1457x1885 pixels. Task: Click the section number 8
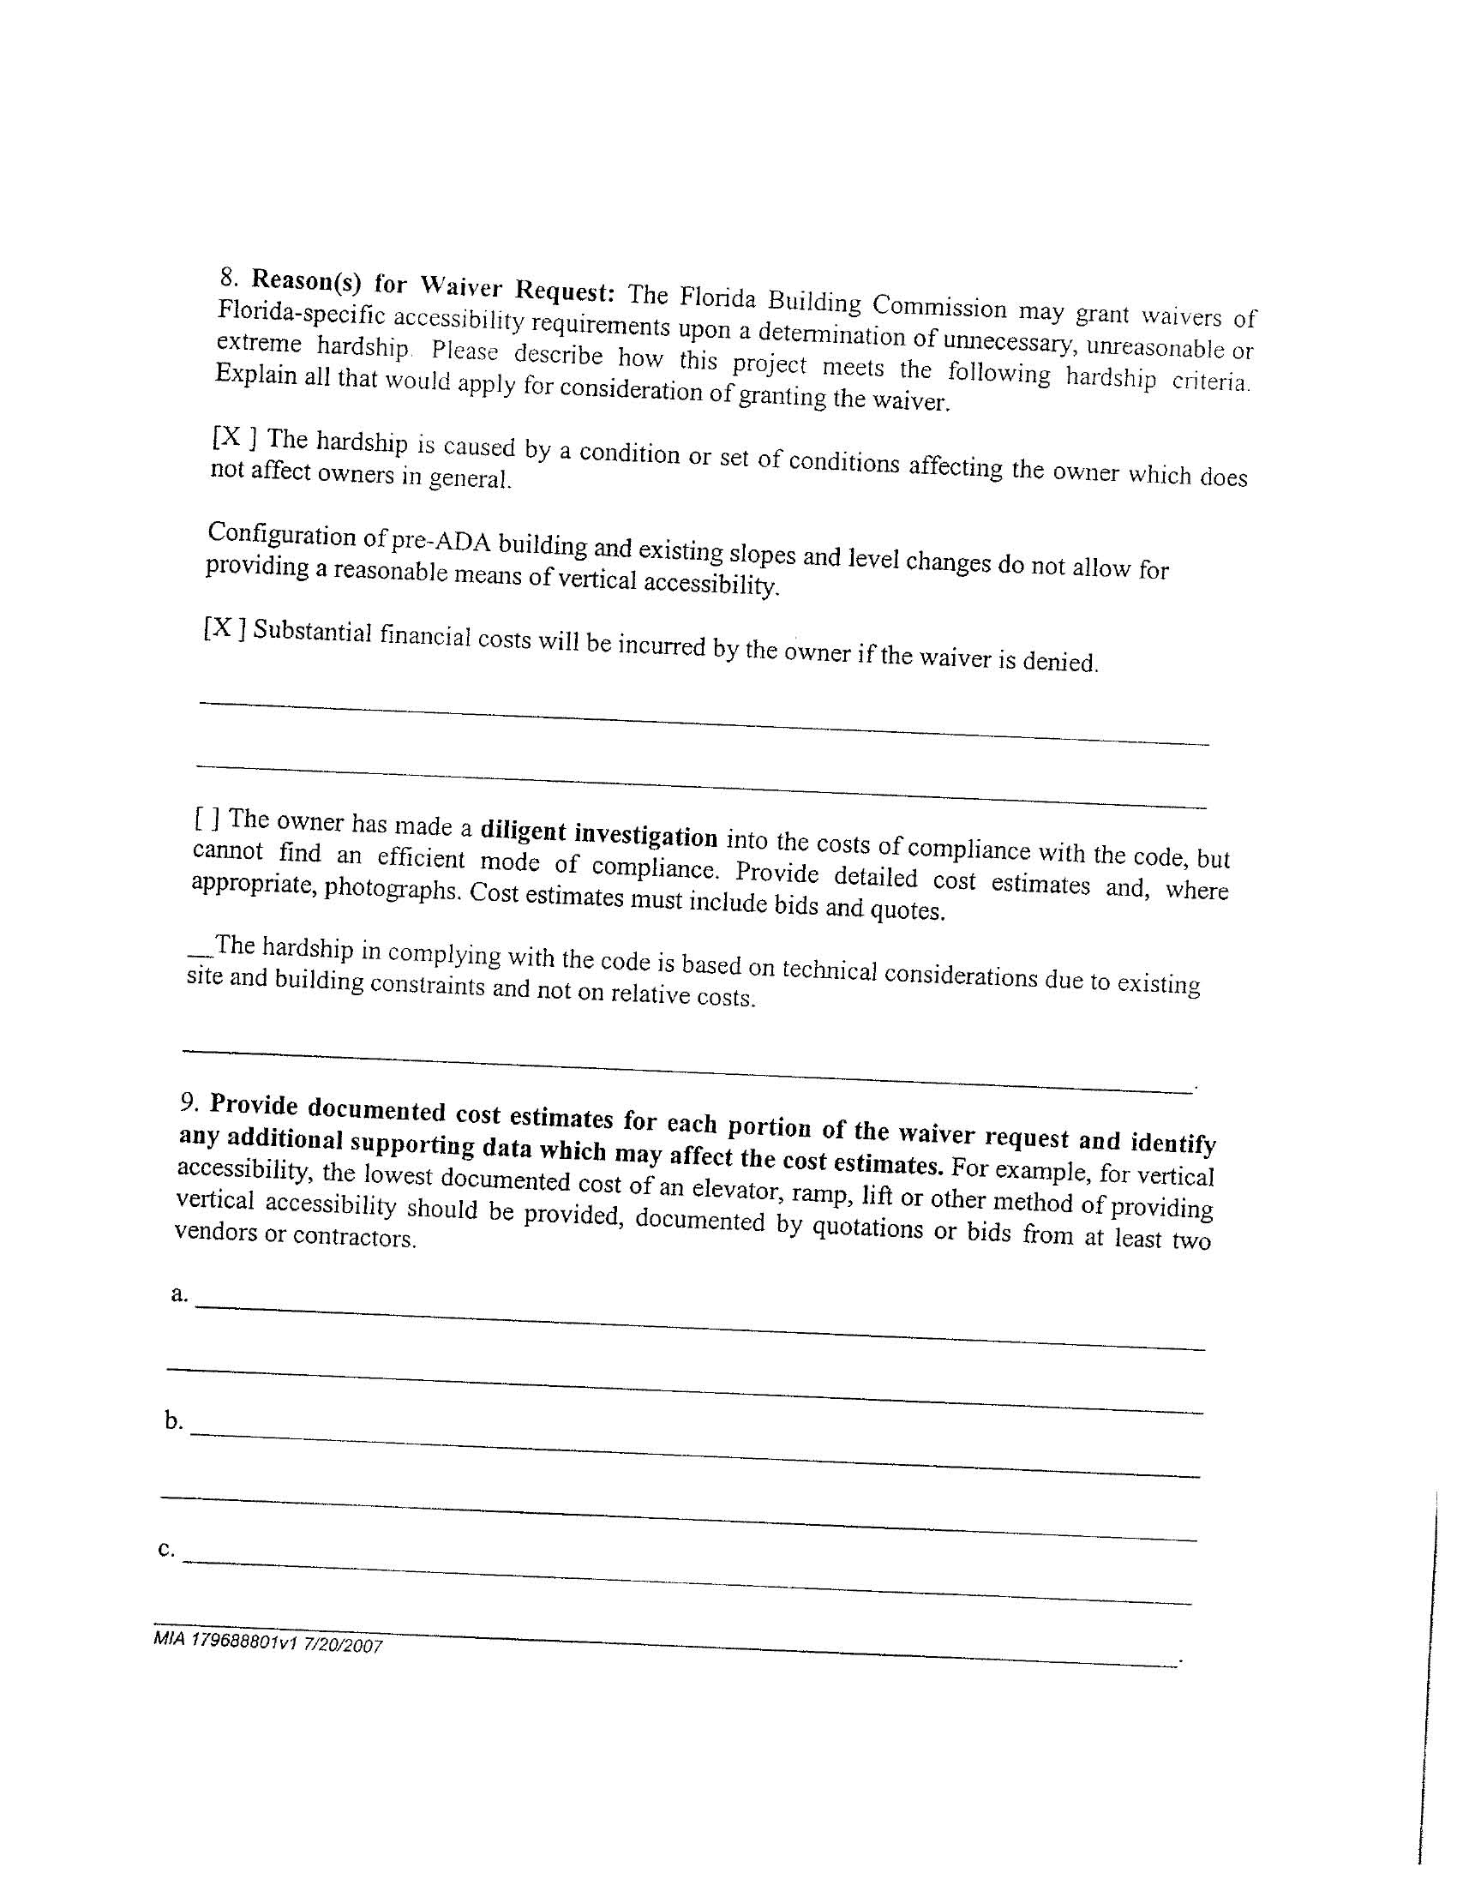[x=228, y=276]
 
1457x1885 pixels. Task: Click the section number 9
[x=190, y=1101]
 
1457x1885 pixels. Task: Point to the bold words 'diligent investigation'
[x=598, y=833]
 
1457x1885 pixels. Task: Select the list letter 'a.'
[x=179, y=1294]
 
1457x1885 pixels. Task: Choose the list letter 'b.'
[x=174, y=1420]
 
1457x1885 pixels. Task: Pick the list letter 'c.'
[x=166, y=1549]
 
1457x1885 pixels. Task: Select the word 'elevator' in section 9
[x=698, y=1189]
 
